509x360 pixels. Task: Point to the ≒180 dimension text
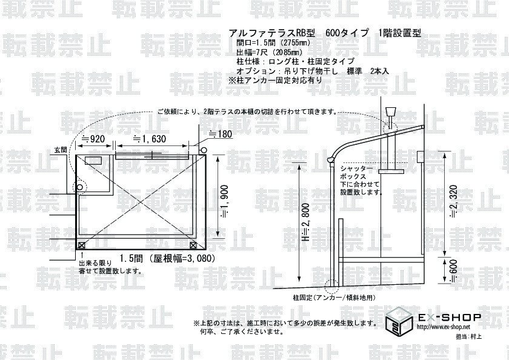tap(220, 134)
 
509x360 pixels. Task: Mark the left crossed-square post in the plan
tap(82, 245)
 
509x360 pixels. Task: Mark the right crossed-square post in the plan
tap(193, 245)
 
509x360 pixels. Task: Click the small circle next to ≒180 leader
tap(202, 150)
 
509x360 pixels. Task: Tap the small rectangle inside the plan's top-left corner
tap(93, 161)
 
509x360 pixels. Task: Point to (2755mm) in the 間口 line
tap(293, 44)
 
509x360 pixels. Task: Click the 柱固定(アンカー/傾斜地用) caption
tap(334, 298)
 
